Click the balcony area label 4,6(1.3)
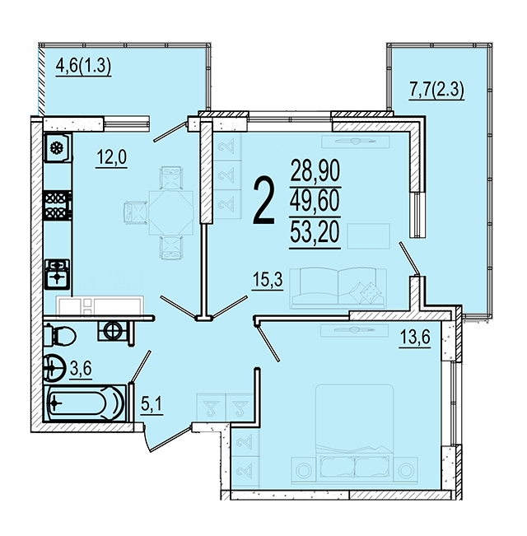point(83,67)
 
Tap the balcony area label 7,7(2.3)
point(436,91)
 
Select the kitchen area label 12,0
point(112,158)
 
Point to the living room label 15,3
point(268,280)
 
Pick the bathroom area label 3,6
point(81,369)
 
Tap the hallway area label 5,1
point(152,406)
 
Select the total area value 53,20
point(315,231)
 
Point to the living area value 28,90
point(315,170)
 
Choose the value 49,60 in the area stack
point(315,201)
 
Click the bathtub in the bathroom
point(86,403)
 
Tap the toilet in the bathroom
point(60,336)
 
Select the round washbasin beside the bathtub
point(54,368)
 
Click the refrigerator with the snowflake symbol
point(58,147)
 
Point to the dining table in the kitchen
point(171,212)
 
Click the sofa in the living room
point(338,288)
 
